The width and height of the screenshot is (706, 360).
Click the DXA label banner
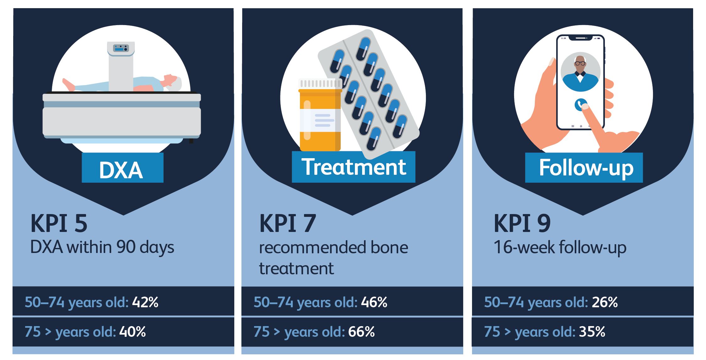coord(122,168)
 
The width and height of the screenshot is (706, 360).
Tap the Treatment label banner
coord(353,167)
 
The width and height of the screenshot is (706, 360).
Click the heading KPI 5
coord(59,223)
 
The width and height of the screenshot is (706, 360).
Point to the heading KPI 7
coord(287,223)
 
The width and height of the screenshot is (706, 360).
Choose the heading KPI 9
coord(522,223)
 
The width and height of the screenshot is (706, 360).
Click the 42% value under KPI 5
coord(145,302)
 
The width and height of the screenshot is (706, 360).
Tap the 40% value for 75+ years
coord(133,332)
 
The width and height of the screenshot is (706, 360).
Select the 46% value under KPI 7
coord(374,302)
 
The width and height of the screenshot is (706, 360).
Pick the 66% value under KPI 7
coord(361,332)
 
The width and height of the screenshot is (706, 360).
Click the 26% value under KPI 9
coord(605,302)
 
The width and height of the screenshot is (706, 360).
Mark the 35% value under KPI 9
coord(592,332)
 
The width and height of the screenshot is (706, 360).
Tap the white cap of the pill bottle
coord(320,83)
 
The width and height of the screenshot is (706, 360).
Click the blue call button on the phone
coord(580,105)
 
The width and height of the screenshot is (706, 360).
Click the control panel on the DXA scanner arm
coord(121,48)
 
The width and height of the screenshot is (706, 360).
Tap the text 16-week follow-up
coord(560,247)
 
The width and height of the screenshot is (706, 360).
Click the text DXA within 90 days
coord(102,247)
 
